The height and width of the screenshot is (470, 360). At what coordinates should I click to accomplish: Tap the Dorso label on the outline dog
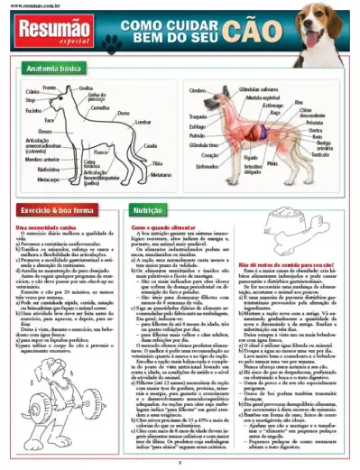point(123,113)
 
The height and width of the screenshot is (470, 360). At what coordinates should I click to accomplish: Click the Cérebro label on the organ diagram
point(199,91)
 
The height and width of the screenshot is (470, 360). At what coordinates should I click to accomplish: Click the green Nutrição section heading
point(146,208)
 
